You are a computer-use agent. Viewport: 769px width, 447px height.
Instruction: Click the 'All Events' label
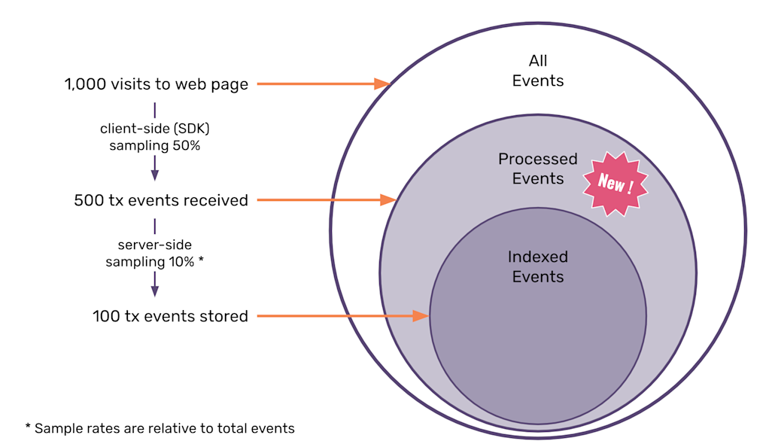(537, 71)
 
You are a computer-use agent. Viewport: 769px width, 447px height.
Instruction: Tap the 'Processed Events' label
(537, 169)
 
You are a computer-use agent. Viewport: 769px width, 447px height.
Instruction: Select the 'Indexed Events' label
(537, 266)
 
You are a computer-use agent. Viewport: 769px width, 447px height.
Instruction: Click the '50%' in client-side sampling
(185, 146)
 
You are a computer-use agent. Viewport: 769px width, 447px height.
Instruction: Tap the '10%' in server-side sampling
(187, 262)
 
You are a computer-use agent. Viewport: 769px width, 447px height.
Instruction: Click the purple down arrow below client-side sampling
(155, 167)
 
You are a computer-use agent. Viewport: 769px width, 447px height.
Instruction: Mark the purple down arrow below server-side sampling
(155, 283)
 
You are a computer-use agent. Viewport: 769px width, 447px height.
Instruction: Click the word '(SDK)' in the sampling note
(193, 129)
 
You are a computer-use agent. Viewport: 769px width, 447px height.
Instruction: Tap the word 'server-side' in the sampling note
(155, 245)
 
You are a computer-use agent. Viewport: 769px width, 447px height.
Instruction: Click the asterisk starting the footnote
(28, 428)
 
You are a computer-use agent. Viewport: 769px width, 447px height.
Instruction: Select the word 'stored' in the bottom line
(224, 316)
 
